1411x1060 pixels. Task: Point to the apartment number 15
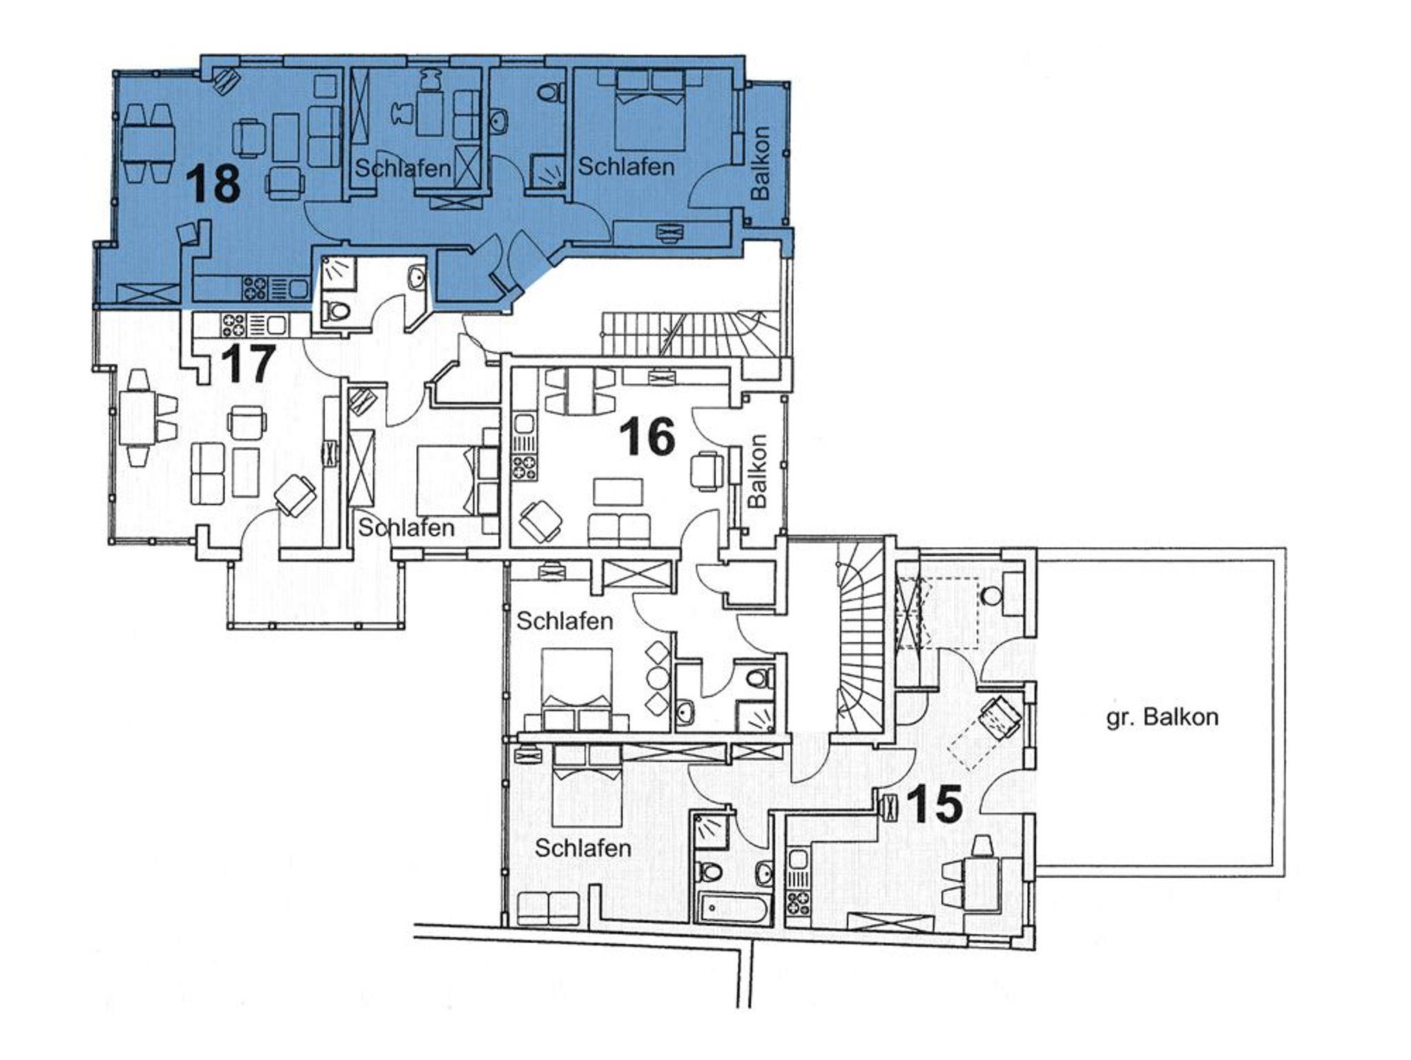pos(934,804)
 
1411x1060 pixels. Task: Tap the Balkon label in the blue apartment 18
pos(761,163)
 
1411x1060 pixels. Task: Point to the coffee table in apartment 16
pos(618,491)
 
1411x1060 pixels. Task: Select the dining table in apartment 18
pos(147,143)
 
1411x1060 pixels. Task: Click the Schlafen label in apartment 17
pos(406,528)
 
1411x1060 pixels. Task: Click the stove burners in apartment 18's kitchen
pos(254,287)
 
